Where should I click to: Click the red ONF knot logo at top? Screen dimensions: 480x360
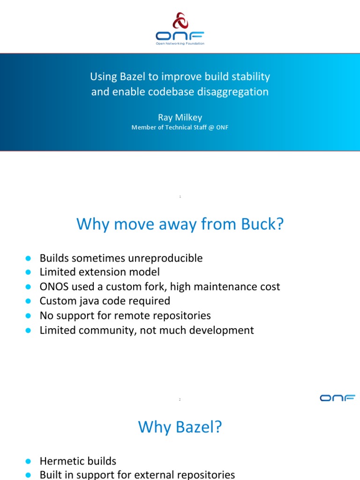click(180, 21)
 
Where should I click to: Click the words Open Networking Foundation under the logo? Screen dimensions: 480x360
click(180, 44)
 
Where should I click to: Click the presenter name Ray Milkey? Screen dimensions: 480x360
click(180, 117)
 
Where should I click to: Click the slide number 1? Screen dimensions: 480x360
click(180, 197)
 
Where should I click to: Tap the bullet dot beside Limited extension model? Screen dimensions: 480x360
click(28, 272)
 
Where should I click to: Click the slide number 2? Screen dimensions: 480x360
click(180, 399)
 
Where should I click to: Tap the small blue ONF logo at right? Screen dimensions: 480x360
click(337, 398)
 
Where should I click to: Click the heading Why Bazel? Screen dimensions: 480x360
click(180, 427)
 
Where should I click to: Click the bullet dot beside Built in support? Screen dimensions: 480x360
click(28, 475)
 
